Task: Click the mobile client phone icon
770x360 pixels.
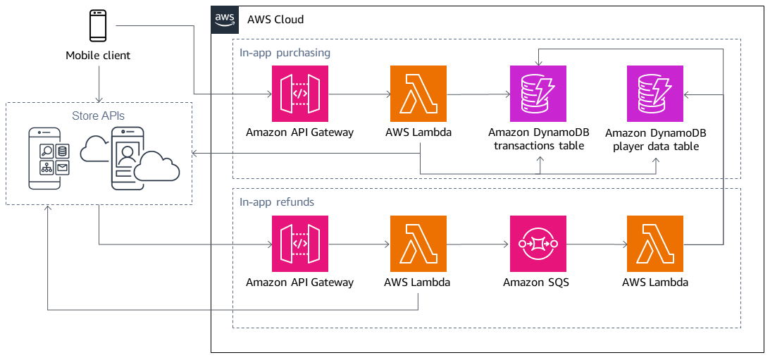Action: (98, 26)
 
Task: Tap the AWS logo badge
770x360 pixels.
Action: (225, 19)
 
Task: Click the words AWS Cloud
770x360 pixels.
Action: (275, 20)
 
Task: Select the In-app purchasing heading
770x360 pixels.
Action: (285, 53)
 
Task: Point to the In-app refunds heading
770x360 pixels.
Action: (277, 202)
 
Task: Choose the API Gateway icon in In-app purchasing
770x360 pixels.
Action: (299, 94)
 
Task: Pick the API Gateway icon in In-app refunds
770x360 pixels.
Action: (299, 244)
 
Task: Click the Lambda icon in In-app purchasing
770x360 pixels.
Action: (418, 94)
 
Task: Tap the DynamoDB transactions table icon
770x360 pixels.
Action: (538, 94)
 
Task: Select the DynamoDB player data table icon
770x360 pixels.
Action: (654, 94)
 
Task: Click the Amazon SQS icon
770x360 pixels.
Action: (538, 244)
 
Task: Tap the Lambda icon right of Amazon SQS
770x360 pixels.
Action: (654, 244)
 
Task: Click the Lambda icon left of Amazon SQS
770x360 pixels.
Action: (418, 244)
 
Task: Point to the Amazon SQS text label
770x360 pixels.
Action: (536, 283)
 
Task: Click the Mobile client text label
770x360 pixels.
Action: (98, 56)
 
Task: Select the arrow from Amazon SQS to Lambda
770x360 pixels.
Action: (596, 244)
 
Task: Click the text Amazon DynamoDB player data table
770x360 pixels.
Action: (655, 139)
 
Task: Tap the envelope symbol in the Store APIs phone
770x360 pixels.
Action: (62, 168)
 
